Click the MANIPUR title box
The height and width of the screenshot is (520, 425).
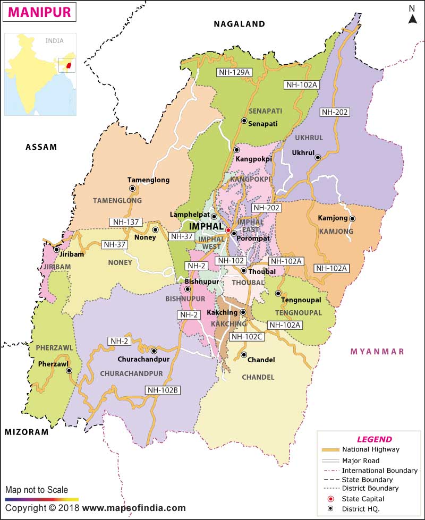click(x=40, y=12)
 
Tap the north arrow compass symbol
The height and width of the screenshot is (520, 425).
click(x=412, y=16)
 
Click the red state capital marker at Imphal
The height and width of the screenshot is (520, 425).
click(x=228, y=231)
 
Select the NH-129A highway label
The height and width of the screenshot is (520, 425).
click(x=234, y=72)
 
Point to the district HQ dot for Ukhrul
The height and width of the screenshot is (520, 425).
click(x=318, y=157)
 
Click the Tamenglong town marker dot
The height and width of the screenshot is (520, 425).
click(x=132, y=188)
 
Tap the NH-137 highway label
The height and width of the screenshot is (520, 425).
click(x=125, y=221)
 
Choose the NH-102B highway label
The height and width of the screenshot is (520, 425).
click(x=164, y=390)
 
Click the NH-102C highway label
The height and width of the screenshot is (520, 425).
click(x=247, y=336)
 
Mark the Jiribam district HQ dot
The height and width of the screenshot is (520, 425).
click(x=56, y=250)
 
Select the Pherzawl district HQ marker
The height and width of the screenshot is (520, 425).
click(x=69, y=371)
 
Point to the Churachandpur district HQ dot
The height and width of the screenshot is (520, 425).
click(x=154, y=351)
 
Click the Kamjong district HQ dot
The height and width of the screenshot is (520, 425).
click(x=352, y=218)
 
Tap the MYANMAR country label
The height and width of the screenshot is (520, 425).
click(x=377, y=352)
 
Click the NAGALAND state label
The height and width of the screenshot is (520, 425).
click(x=239, y=24)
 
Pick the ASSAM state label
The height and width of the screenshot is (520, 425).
click(x=41, y=147)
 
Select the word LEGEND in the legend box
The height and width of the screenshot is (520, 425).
click(x=374, y=439)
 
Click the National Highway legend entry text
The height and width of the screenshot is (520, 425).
click(x=371, y=449)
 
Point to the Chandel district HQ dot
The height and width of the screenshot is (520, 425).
click(x=244, y=355)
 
